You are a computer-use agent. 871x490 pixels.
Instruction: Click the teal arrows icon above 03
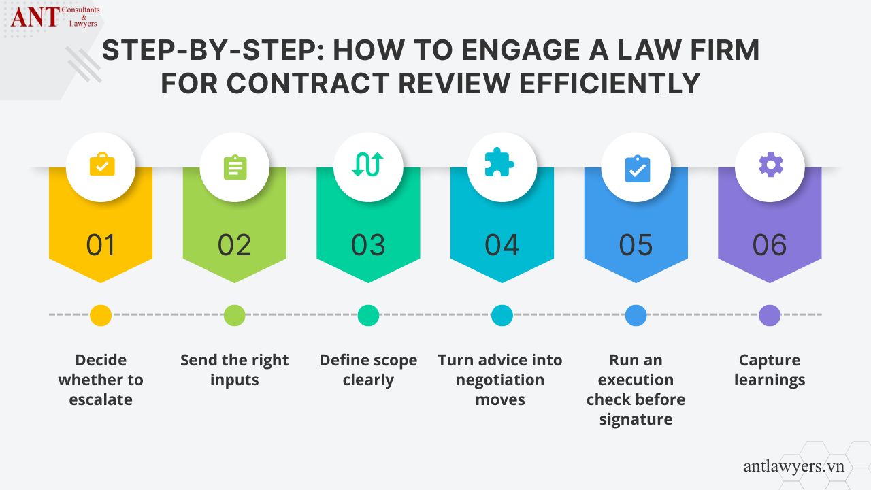pos(368,166)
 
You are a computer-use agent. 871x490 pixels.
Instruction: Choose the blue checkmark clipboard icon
pos(636,168)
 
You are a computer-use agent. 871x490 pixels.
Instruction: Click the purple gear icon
pos(770,165)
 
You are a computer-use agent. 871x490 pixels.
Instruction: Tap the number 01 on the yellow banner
pos(101,245)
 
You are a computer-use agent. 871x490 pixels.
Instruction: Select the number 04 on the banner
pos(502,245)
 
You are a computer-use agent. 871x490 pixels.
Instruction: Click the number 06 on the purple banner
pos(770,245)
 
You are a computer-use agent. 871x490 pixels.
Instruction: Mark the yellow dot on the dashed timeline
pos(101,315)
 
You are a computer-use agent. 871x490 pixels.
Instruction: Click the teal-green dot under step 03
pos(368,315)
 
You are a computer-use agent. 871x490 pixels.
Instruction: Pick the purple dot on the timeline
pos(770,315)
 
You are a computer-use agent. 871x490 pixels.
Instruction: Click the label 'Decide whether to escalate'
pos(101,380)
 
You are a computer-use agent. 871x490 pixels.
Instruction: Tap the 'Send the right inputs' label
pos(235,370)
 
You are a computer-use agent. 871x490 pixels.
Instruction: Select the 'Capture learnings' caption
pos(770,370)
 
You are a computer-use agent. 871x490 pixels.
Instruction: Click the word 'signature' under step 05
pos(636,419)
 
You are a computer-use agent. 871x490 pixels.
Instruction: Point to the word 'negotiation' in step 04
pos(500,380)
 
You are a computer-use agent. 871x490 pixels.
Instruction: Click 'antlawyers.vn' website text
pos(793,466)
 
